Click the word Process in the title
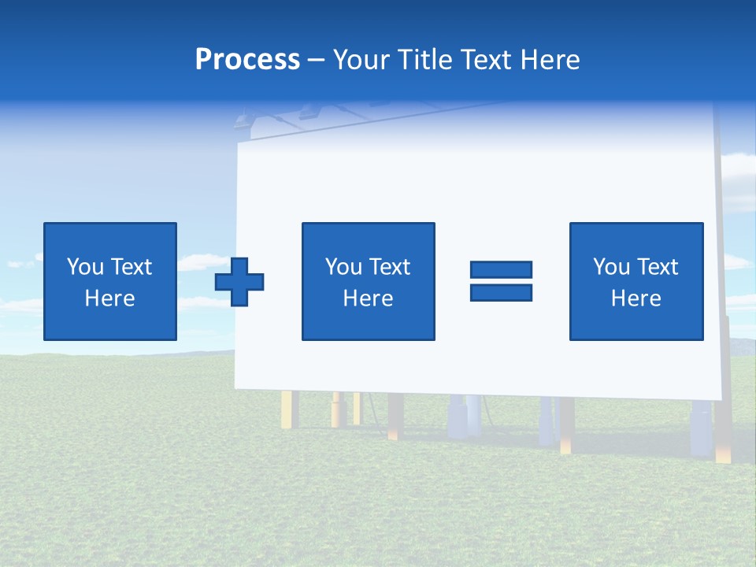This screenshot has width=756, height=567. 247,60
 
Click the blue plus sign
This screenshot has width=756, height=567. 239,281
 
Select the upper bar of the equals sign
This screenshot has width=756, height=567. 501,269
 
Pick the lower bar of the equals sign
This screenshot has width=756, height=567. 501,292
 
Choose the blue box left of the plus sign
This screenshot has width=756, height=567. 109,281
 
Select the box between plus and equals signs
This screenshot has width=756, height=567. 368,281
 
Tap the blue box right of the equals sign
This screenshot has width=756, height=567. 636,281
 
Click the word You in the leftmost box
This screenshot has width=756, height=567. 85,267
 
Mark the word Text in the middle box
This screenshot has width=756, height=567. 389,267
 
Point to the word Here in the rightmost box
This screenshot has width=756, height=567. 636,298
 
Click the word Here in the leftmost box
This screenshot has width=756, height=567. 109,298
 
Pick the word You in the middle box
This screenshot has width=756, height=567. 343,267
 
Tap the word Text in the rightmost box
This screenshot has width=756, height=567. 658,267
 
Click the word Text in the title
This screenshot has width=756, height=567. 482,60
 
